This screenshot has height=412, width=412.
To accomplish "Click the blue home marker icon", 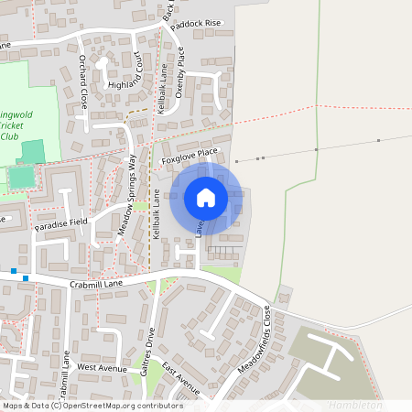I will [206, 197].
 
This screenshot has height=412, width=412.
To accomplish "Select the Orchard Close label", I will [82, 81].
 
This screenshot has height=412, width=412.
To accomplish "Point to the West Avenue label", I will [101, 367].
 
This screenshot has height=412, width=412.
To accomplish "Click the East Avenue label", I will [181, 377].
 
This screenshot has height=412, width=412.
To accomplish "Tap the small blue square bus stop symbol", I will [26, 278].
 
